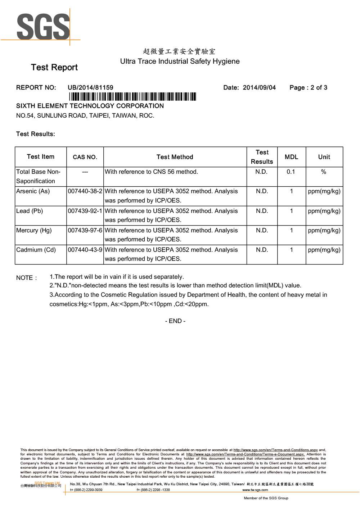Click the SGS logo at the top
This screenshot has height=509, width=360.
43,27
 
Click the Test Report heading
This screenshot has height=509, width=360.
54,68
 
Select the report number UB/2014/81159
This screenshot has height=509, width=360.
90,88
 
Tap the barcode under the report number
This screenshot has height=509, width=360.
132,97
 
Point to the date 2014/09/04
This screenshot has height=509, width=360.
259,88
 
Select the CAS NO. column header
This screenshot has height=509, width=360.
85,157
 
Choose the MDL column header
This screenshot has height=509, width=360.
291,157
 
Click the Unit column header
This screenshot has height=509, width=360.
324,157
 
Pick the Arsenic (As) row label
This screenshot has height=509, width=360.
33,191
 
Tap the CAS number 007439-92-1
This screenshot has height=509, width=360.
85,211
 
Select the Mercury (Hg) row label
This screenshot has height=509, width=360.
34,231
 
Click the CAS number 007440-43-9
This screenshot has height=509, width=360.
85,250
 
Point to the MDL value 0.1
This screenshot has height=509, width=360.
291,172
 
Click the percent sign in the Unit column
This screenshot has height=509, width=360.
324,172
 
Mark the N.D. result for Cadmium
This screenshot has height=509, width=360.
262,250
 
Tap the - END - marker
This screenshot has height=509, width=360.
175,321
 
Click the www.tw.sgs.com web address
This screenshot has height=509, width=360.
255,490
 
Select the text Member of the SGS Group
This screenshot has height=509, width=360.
266,498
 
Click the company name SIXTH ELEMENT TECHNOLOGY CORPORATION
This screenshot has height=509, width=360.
90,106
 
